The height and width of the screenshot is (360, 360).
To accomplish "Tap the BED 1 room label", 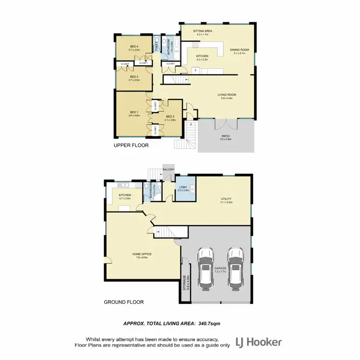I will point(133,113).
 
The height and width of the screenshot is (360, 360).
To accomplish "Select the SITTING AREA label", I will point(203,31).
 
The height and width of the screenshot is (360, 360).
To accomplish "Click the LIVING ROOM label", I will point(227,95).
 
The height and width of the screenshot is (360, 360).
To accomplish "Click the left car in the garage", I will point(206,269).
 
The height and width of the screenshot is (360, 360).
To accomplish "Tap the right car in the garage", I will point(235,269).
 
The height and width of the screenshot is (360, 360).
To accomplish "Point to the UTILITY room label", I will point(226,200).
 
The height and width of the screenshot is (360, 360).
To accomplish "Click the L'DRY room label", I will point(182,188).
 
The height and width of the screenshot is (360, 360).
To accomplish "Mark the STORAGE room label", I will point(185,283).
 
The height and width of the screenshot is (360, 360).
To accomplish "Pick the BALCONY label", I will point(168,169).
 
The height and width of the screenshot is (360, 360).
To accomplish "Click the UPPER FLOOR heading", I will point(131,145).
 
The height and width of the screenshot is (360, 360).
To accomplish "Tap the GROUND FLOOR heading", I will point(124,302).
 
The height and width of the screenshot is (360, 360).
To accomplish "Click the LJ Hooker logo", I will point(258,342).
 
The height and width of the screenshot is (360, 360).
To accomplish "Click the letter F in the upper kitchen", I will point(196,71).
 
